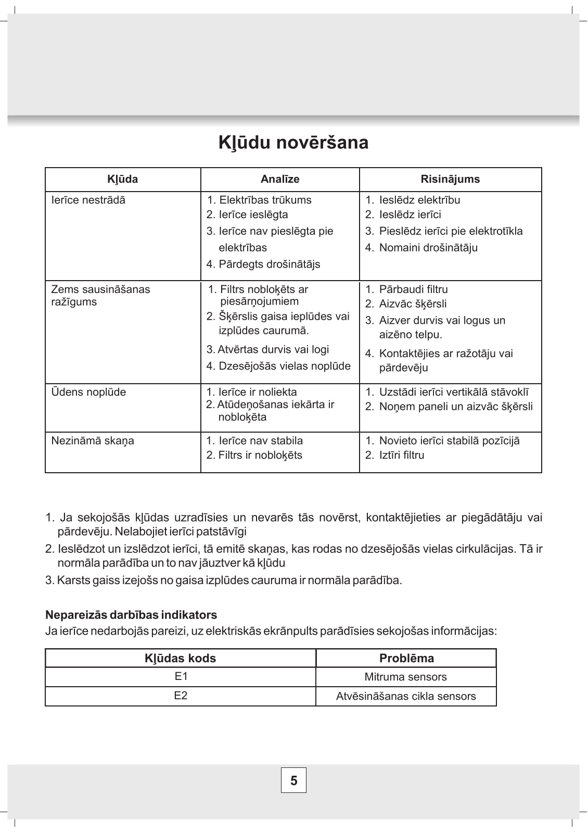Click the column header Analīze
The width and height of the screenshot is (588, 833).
[x=280, y=180]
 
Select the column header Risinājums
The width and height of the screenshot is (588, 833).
[x=450, y=180]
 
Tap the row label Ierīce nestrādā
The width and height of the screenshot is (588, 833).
[x=88, y=200]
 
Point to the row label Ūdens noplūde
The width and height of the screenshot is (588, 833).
[x=88, y=392]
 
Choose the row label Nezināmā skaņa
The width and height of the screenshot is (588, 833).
[x=93, y=441]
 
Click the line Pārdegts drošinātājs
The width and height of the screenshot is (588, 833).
[x=263, y=264]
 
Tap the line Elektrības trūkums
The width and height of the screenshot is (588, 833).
[x=259, y=200]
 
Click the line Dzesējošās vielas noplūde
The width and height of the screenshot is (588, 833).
[x=279, y=366]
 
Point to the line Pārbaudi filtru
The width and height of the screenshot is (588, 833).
[x=407, y=289]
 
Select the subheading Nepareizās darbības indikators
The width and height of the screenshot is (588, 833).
[x=131, y=615]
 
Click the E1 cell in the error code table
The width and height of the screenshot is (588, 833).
[x=181, y=677]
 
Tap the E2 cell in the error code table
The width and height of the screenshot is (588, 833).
[x=181, y=696]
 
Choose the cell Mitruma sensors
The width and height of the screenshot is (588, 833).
[x=406, y=677]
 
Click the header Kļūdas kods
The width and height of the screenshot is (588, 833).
[x=181, y=658]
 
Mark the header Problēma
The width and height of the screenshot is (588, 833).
[x=406, y=658]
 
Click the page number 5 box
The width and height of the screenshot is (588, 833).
[x=293, y=780]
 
